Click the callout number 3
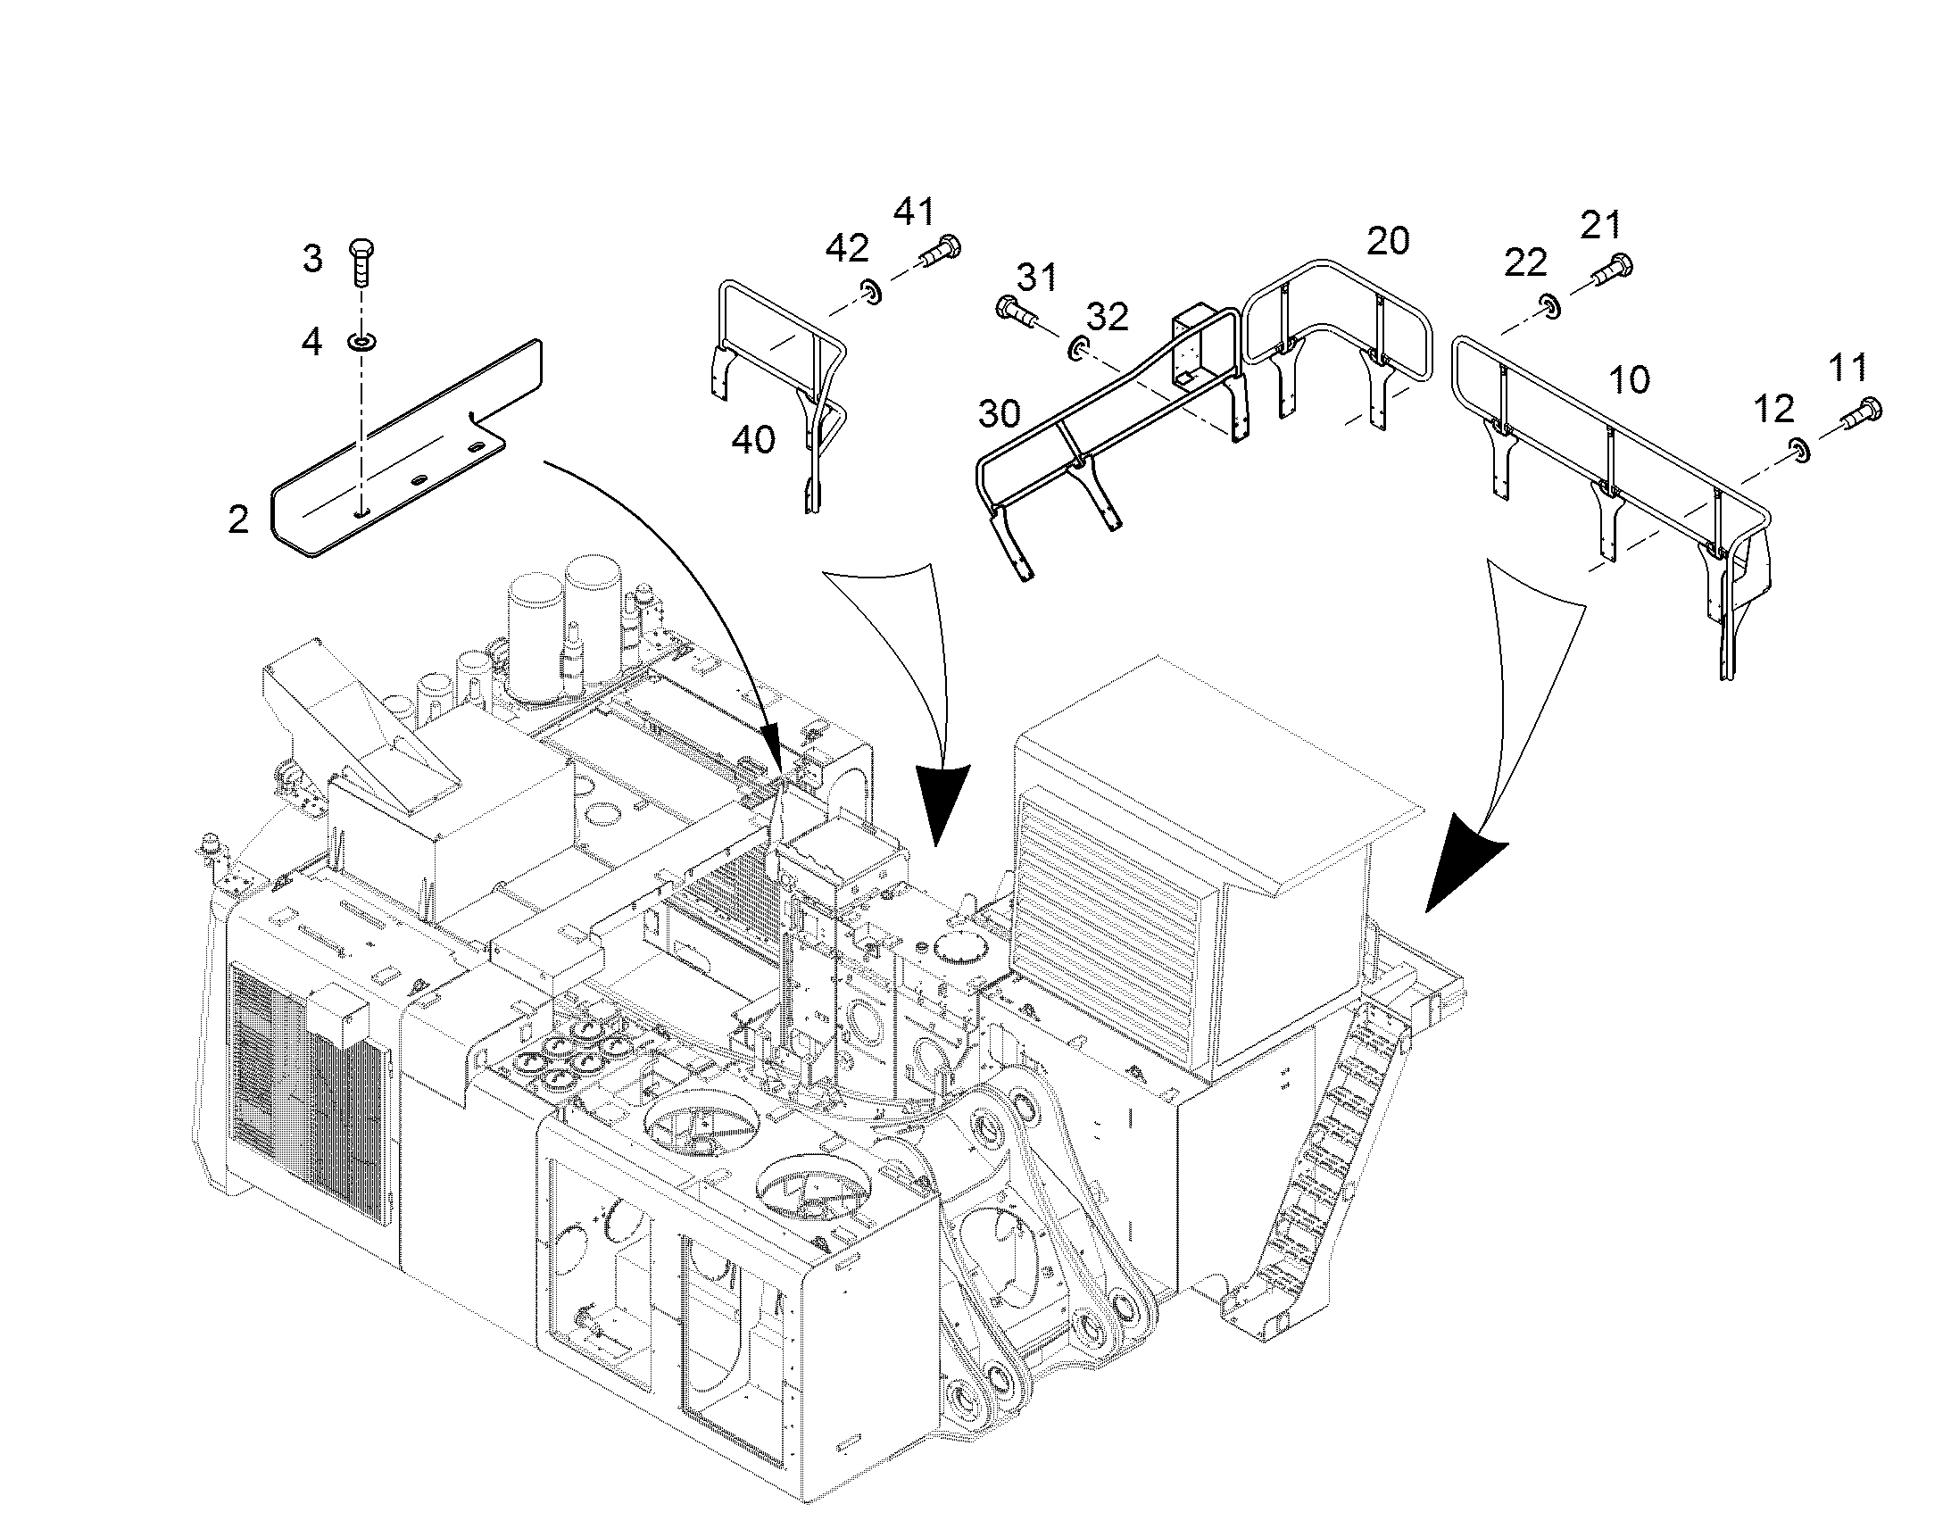coord(312,259)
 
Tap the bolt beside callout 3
coord(361,262)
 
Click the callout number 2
coord(238,519)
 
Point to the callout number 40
coord(752,439)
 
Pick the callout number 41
coord(914,212)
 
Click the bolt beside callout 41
coord(939,247)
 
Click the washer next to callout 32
coord(1079,348)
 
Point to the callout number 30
coord(999,413)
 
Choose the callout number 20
coord(1388,241)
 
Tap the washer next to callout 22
coord(1550,306)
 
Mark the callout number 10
coord(1629,380)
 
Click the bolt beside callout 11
coord(1861,411)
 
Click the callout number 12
coord(1773,409)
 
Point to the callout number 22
coord(1525,262)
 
